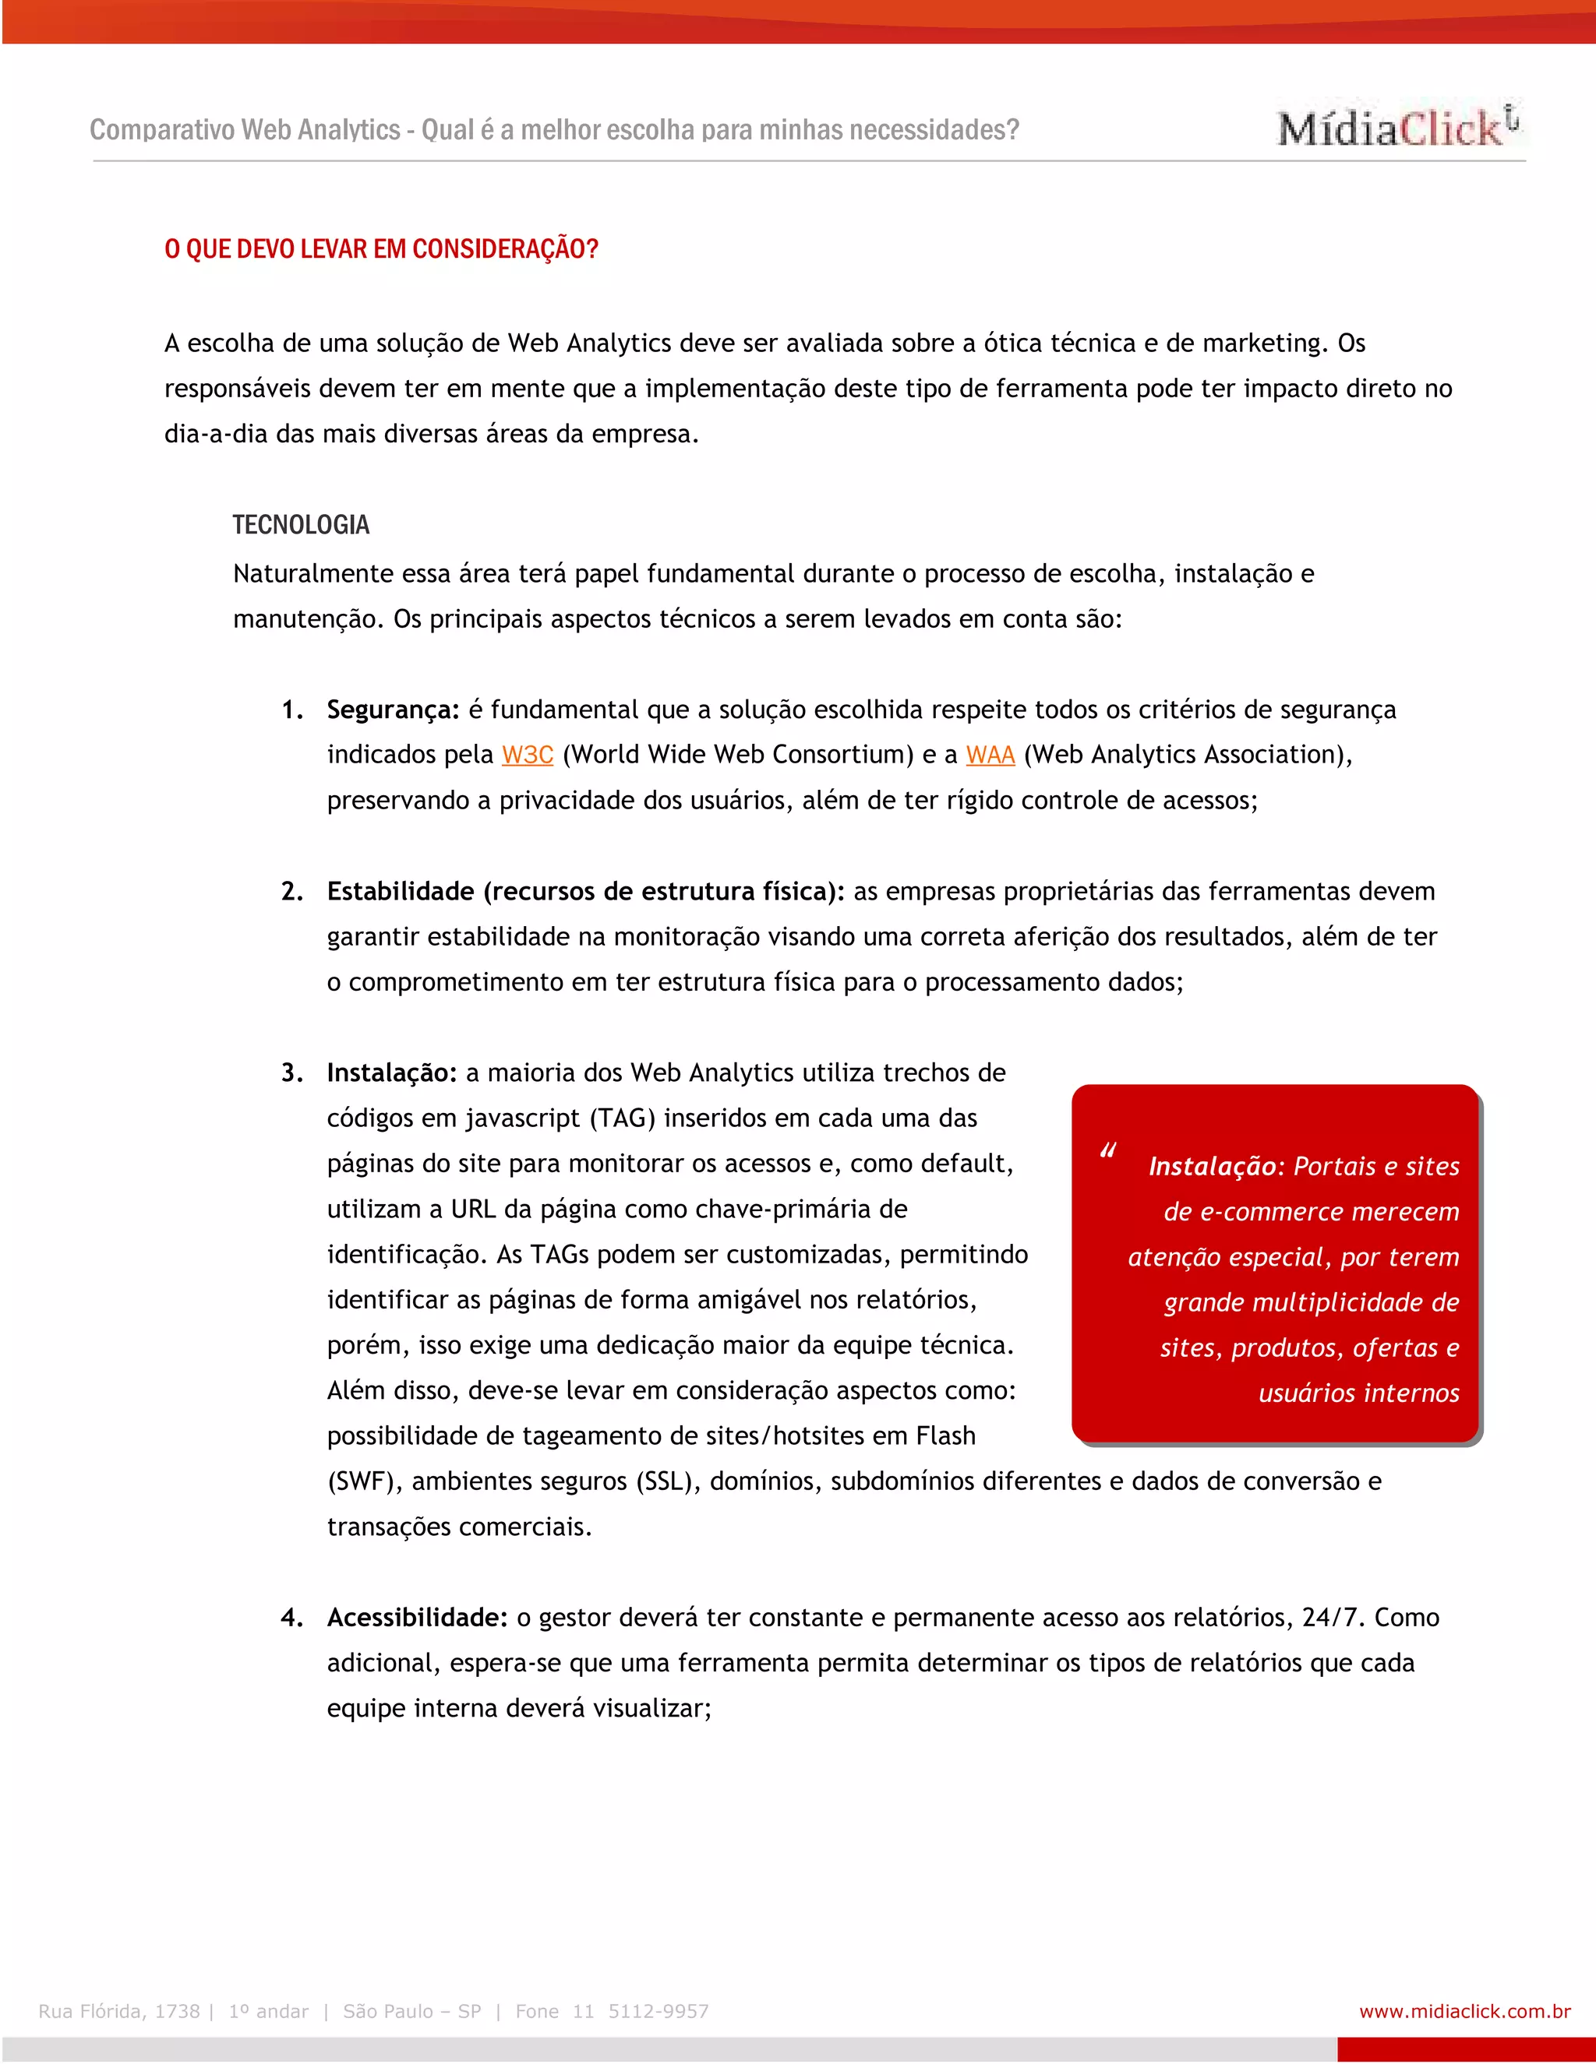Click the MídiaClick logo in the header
pos(1396,127)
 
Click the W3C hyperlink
pos(528,755)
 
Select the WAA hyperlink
pos(990,755)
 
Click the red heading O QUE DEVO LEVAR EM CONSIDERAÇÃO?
pos(381,249)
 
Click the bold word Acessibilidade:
pos(417,1617)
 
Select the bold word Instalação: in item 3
pos(391,1073)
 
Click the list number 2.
pos(291,891)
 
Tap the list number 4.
pos(291,1617)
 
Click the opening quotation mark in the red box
pos(1107,1151)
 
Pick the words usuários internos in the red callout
pos(1358,1393)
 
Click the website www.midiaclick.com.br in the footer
pos(1464,2011)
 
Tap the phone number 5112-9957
pos(658,2011)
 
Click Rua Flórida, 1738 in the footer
pos(119,2011)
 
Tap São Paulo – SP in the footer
pos(412,2011)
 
